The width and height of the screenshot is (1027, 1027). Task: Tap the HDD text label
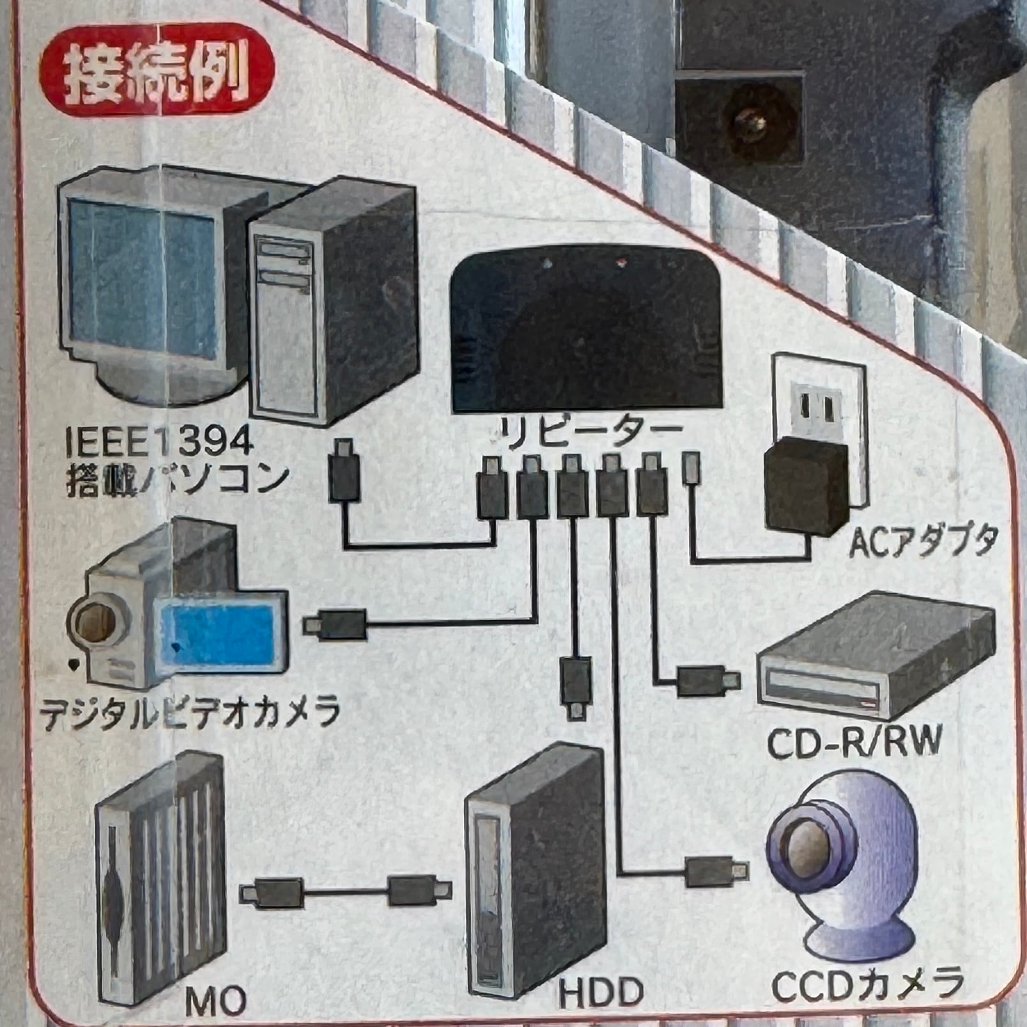click(x=601, y=993)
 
